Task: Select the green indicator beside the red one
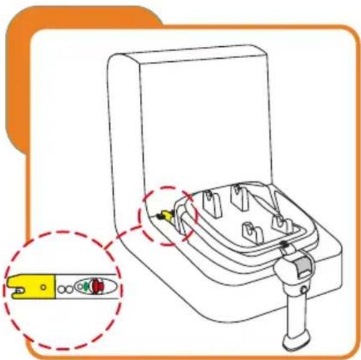pyautogui.click(x=86, y=288)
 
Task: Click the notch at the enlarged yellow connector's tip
pyautogui.click(x=15, y=289)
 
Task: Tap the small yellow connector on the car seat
pyautogui.click(x=164, y=216)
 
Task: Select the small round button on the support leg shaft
pyautogui.click(x=303, y=289)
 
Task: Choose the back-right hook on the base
pyautogui.click(x=237, y=194)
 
